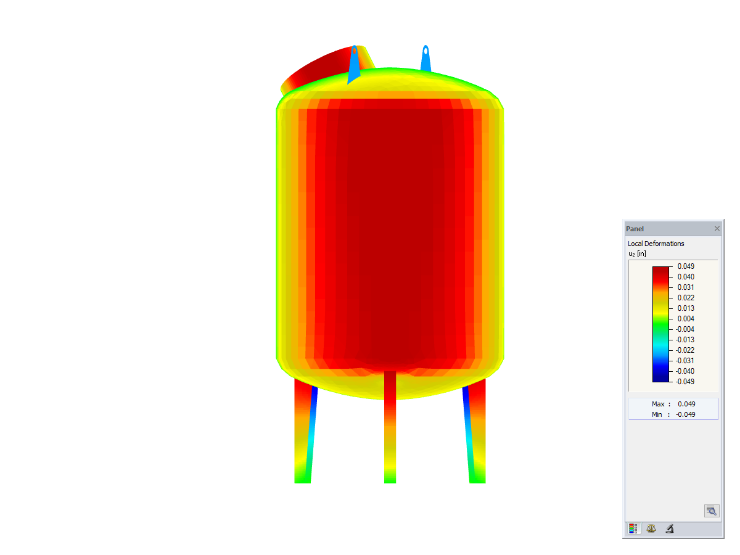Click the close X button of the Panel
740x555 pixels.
[717, 229]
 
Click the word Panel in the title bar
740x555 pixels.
[635, 229]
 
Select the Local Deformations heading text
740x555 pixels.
[656, 244]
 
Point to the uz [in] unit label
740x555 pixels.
[637, 253]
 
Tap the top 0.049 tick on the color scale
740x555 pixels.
[686, 266]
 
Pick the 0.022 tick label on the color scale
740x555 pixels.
[686, 298]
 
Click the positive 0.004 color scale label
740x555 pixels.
[686, 319]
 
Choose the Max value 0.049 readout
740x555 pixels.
[686, 404]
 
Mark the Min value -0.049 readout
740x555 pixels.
[685, 414]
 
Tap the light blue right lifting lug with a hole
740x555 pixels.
[425, 59]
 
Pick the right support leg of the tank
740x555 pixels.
[476, 432]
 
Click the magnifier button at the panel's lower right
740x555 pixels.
[711, 511]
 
